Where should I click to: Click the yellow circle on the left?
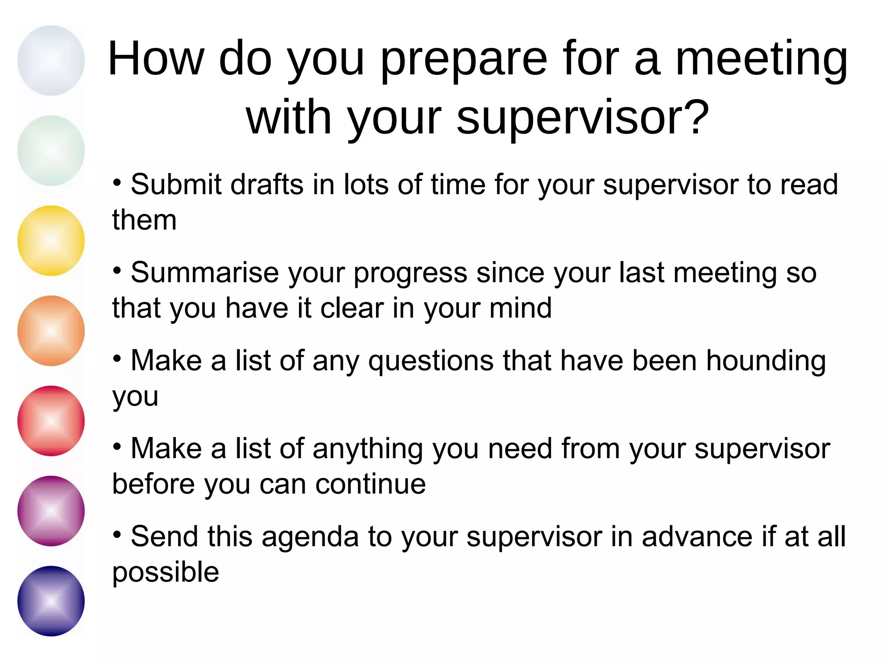coord(51,240)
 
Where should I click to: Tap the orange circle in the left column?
coord(51,331)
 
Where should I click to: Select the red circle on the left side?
coord(51,421)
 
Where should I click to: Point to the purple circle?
coord(51,511)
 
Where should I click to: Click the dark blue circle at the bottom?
coord(51,601)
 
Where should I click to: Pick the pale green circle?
coord(51,150)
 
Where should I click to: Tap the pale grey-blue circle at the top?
coord(51,61)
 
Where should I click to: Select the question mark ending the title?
coord(697,118)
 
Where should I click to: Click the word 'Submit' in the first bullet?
coord(176,185)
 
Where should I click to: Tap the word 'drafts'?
coord(267,185)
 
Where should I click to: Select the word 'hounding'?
coord(766,361)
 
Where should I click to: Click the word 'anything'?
coord(368,450)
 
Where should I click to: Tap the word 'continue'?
coord(370,484)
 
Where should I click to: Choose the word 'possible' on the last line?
coord(166,573)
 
